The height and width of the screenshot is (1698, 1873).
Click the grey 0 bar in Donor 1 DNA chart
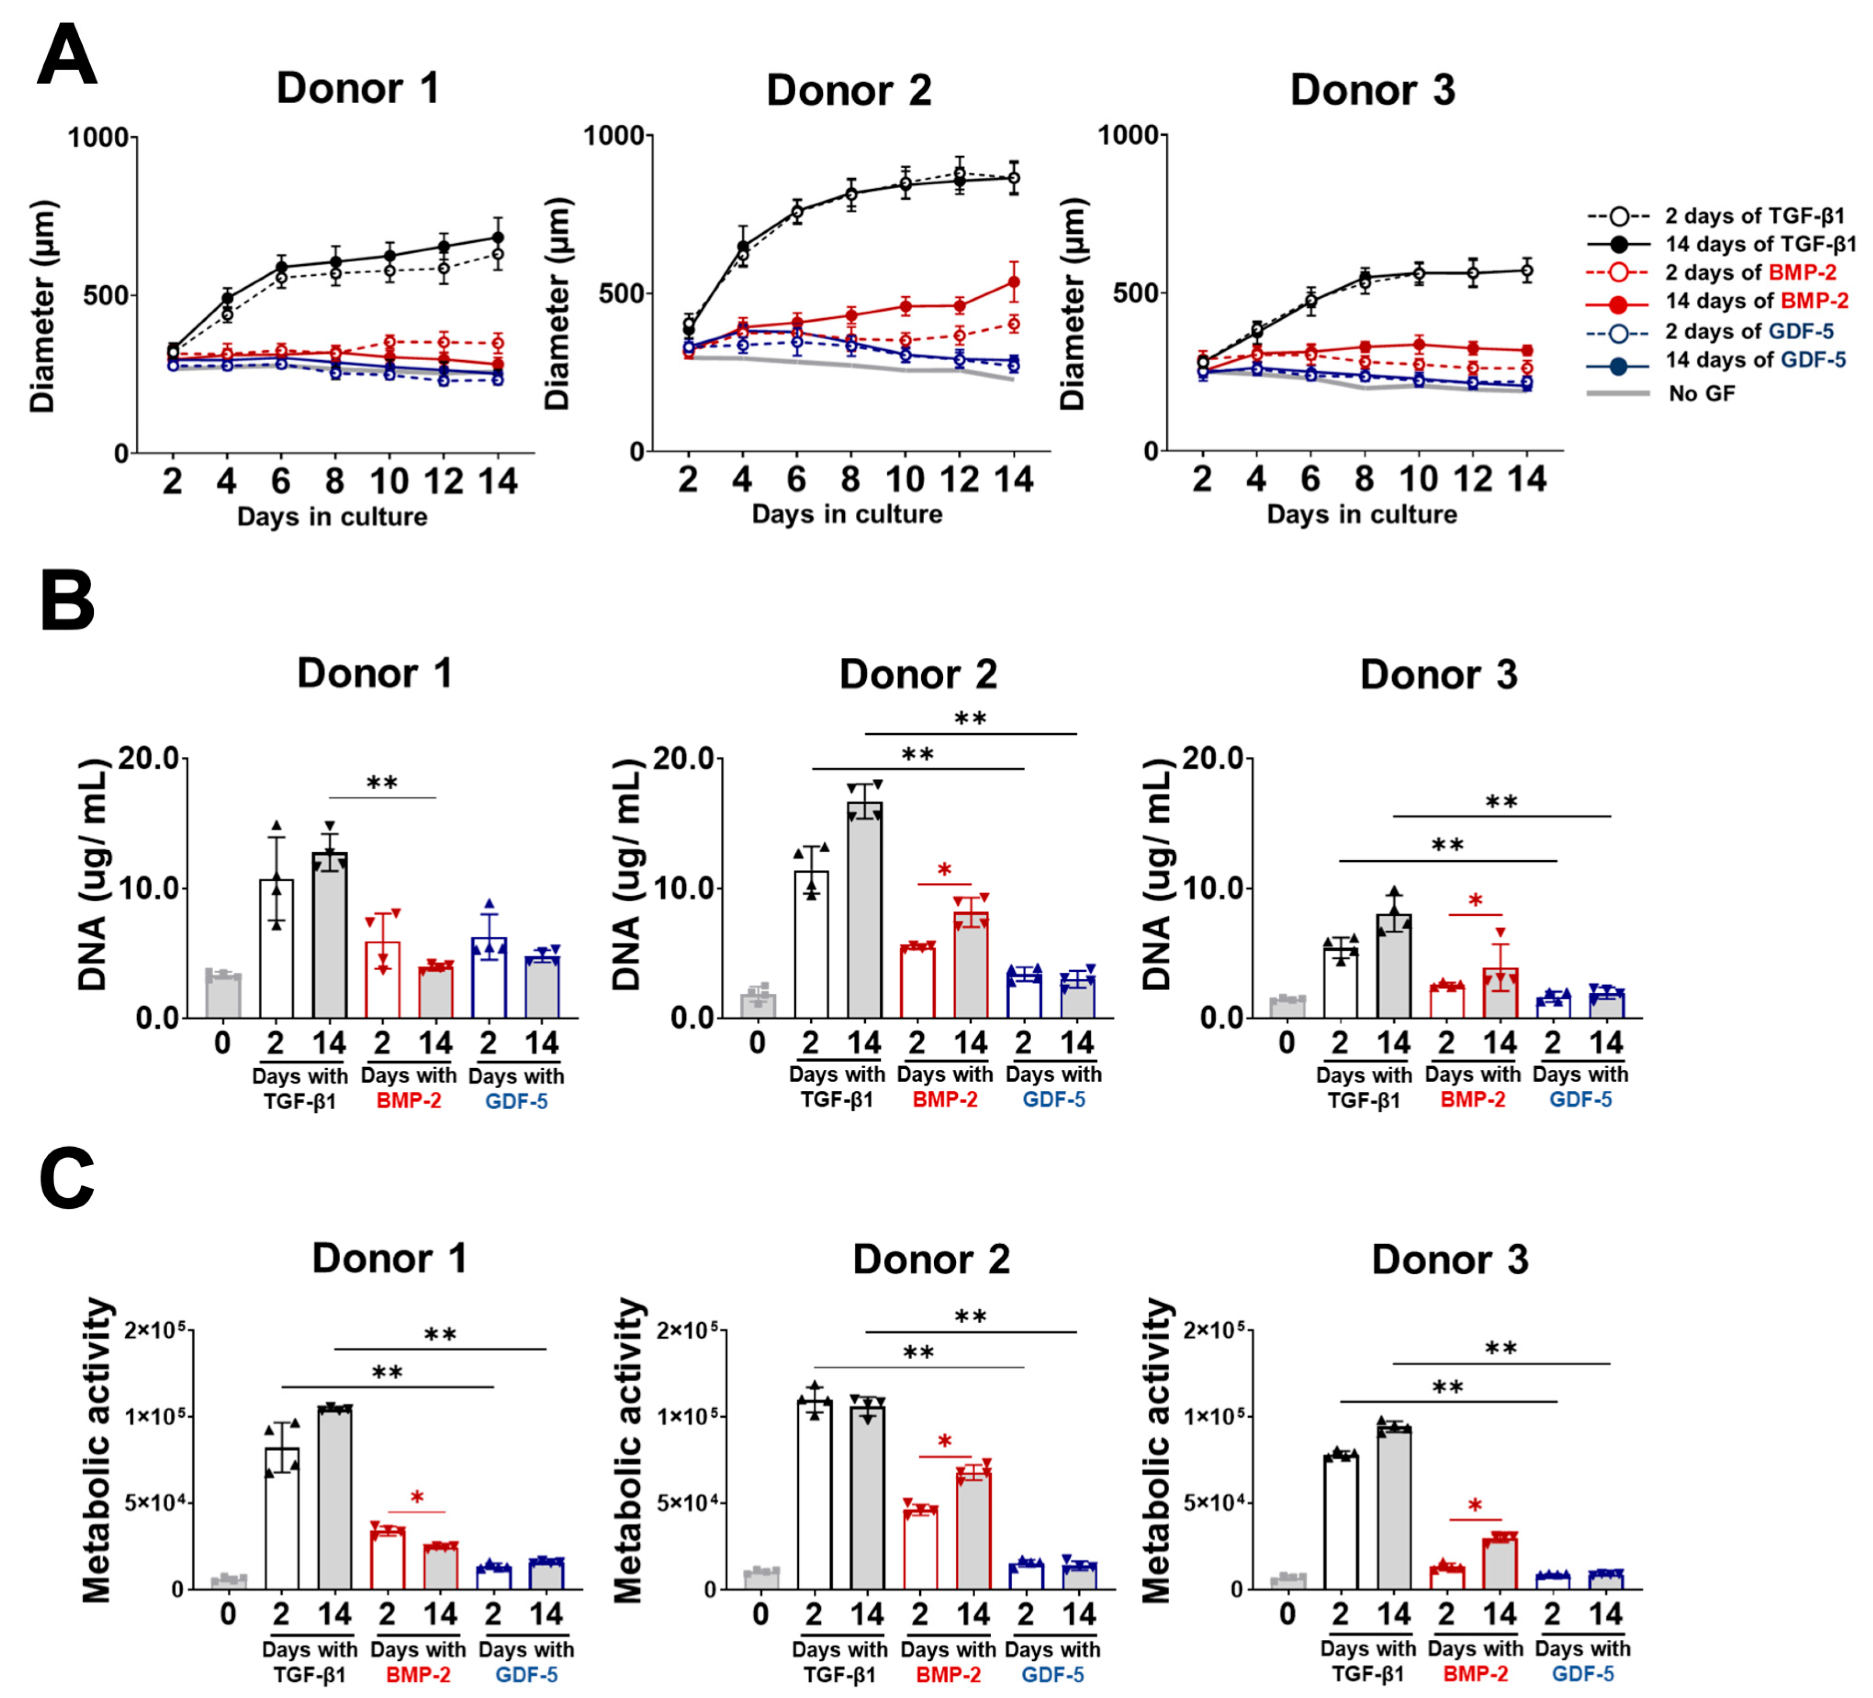click(223, 996)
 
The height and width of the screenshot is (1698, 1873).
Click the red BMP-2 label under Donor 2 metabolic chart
click(948, 1675)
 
